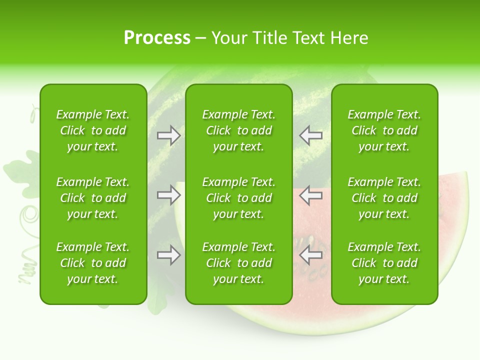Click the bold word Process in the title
coord(157,37)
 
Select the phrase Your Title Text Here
coord(289,38)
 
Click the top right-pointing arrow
coord(168,135)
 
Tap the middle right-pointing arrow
coord(168,195)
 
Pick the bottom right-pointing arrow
coord(168,255)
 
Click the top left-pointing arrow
coord(310,135)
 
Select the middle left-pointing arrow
coord(310,195)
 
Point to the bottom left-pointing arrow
coord(310,255)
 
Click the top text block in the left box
coord(93,130)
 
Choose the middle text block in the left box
coord(93,198)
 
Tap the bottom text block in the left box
coord(93,263)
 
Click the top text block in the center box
coord(238,130)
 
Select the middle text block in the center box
coord(238,198)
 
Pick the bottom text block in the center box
coord(238,263)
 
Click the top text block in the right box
coord(384,130)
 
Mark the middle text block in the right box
coord(384,198)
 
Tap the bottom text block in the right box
coord(384,263)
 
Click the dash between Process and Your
coord(201,38)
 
